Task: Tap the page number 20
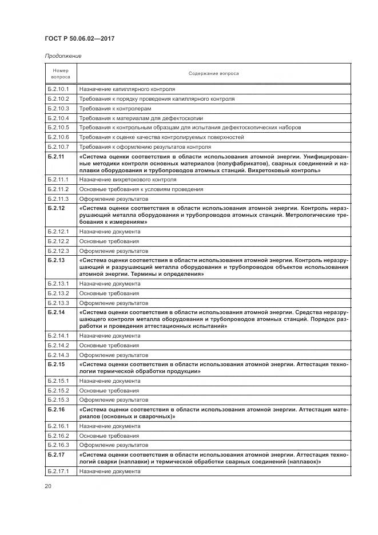pyautogui.click(x=48, y=486)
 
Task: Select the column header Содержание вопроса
pyautogui.click(x=214, y=73)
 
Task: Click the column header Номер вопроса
pyautogui.click(x=61, y=73)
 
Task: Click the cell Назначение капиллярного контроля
pyautogui.click(x=127, y=89)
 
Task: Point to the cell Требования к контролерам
pyautogui.click(x=115, y=109)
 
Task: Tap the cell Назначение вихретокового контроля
pyautogui.click(x=128, y=180)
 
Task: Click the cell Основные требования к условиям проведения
pyautogui.click(x=141, y=189)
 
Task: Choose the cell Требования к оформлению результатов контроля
pyautogui.click(x=145, y=147)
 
